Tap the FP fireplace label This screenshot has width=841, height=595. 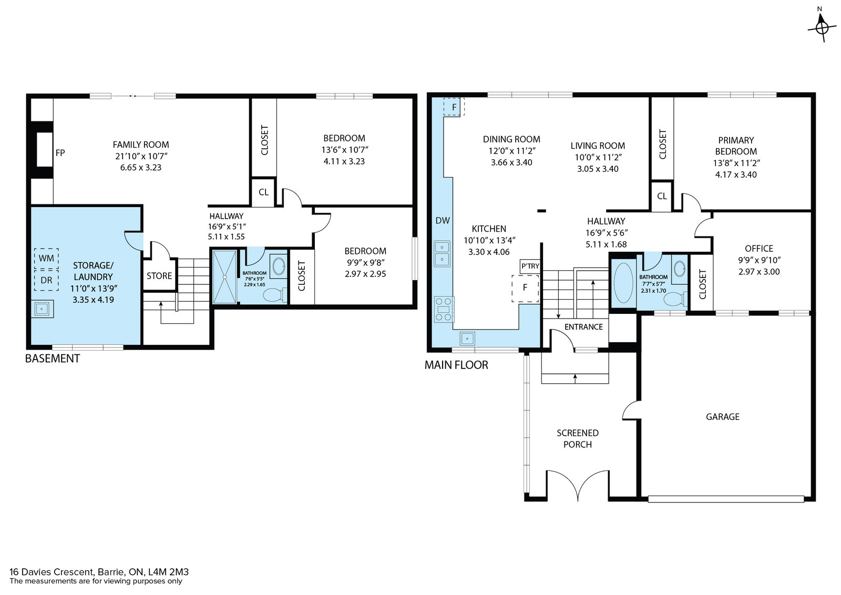[60, 153]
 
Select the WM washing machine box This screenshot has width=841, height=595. [46, 258]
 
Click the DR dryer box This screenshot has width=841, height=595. [46, 280]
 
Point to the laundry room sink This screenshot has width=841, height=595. [42, 309]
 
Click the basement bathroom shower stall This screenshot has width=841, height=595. [224, 276]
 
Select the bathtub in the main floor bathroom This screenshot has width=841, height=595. [623, 283]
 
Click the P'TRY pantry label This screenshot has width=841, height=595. [530, 266]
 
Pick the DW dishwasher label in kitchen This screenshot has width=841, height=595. [443, 221]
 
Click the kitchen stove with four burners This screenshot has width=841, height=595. [444, 309]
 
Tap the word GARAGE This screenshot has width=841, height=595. [722, 417]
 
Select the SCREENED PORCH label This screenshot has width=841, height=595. [578, 438]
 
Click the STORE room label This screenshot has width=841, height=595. [159, 276]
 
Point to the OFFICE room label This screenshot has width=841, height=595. [759, 249]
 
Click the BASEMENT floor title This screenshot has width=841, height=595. [52, 358]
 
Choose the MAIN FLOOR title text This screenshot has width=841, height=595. [456, 365]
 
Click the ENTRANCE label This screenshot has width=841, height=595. [583, 327]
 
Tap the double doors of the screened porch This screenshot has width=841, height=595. [578, 485]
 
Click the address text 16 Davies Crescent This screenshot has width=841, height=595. [51, 572]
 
